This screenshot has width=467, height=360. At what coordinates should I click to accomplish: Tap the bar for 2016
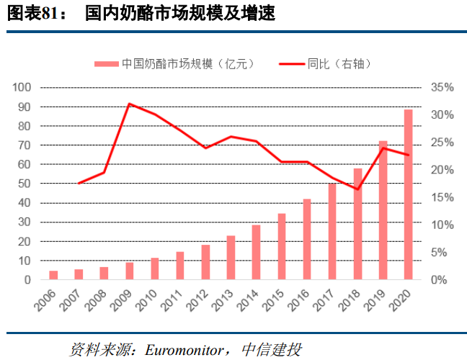click(306, 239)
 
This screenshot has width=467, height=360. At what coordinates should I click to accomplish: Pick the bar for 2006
click(53, 275)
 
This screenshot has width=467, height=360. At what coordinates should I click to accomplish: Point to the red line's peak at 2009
click(129, 104)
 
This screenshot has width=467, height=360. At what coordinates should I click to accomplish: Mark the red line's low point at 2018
click(357, 189)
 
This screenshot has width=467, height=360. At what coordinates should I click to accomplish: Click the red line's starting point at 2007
click(79, 183)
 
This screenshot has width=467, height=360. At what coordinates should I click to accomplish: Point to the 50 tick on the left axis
click(24, 184)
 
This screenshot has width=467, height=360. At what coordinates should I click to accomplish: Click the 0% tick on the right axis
click(441, 279)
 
